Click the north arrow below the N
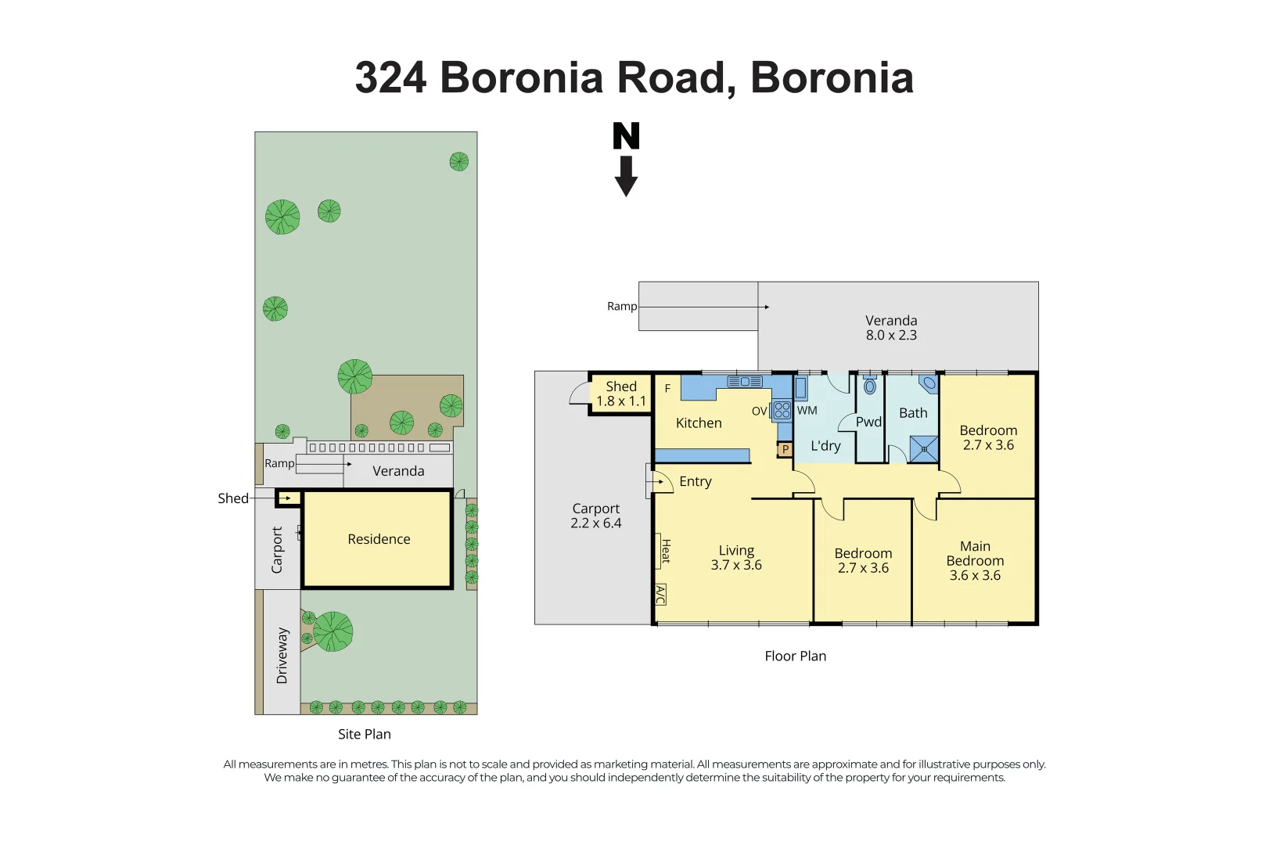click(x=626, y=177)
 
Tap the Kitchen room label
click(x=699, y=423)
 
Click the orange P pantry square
click(x=785, y=449)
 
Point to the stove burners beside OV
click(x=782, y=411)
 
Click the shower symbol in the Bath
click(x=924, y=449)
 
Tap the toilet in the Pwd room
click(x=869, y=386)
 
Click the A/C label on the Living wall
click(x=660, y=595)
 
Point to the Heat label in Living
click(x=665, y=551)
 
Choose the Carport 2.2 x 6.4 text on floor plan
click(x=595, y=516)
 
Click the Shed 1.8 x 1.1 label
click(x=621, y=394)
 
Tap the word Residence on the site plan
click(x=379, y=539)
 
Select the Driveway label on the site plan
click(x=282, y=656)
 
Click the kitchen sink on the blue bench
click(x=745, y=382)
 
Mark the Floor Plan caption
click(x=795, y=656)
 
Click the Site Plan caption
click(x=364, y=734)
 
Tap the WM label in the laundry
click(x=807, y=410)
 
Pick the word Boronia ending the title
click(x=832, y=78)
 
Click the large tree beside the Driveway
click(x=333, y=631)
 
